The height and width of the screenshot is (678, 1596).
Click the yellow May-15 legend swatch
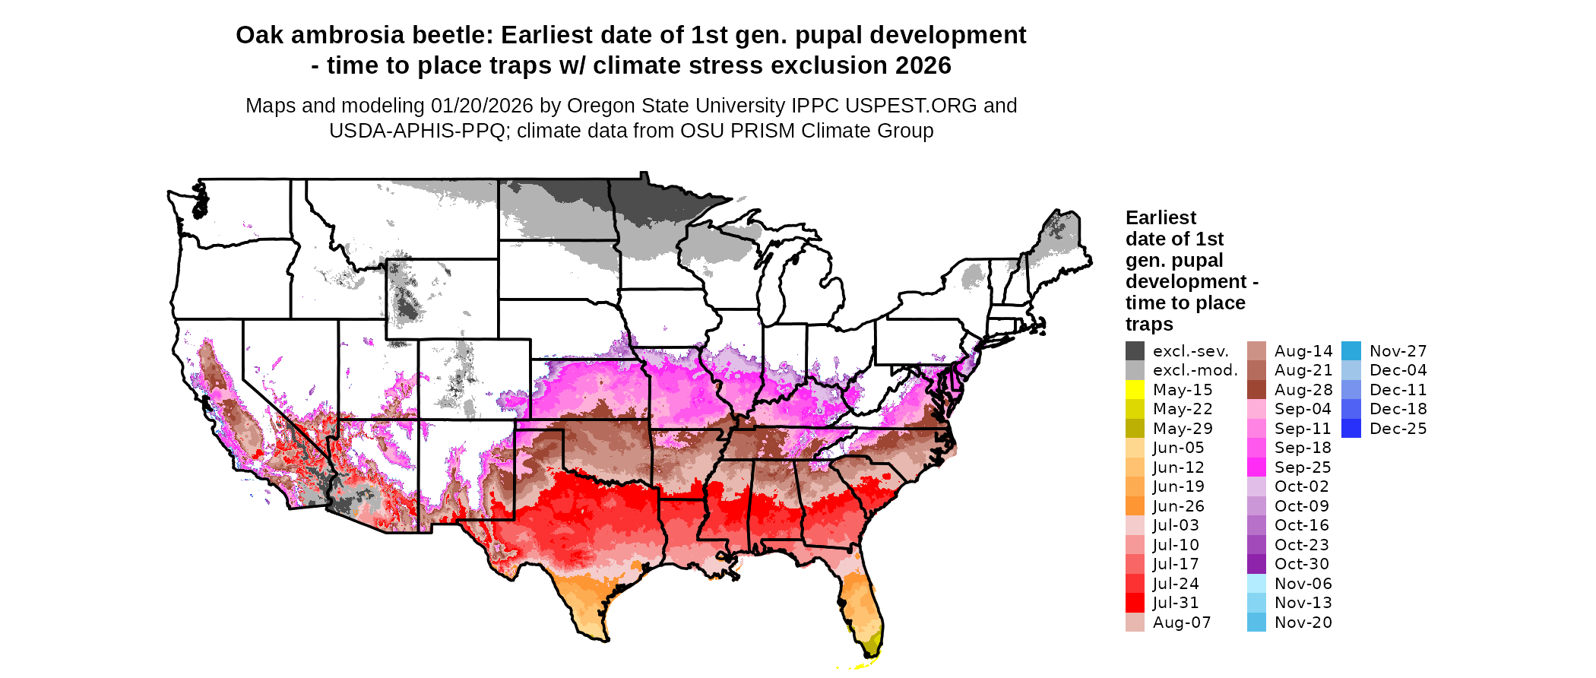pos(1135,390)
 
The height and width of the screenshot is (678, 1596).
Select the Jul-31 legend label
pos(1176,603)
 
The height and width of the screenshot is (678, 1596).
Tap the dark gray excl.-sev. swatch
pos(1135,351)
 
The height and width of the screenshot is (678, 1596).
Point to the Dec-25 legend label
pos(1398,429)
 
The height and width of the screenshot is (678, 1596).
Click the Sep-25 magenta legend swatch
pos(1256,467)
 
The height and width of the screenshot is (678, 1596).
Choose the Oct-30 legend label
pos(1301,564)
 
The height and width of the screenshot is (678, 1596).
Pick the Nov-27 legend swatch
pos(1351,351)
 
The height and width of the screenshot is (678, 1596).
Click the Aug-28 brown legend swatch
pos(1256,390)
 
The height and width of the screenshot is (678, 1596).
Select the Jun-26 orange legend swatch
pos(1135,506)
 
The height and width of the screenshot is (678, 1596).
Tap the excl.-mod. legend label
pos(1195,370)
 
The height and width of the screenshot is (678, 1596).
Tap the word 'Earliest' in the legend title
pos(1161,218)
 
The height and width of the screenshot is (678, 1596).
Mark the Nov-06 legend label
pos(1303,584)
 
